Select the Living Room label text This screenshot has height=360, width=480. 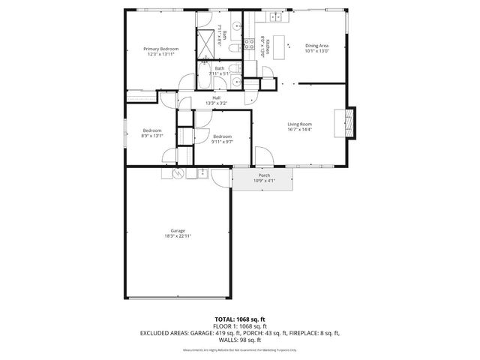[x=299, y=126]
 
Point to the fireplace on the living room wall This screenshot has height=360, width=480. [x=349, y=124]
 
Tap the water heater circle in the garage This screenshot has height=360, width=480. [x=178, y=173]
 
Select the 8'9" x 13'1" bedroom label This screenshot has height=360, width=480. [x=153, y=133]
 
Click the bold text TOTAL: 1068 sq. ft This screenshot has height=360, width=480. [x=239, y=319]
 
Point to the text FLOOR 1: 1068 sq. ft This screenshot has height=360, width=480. [x=239, y=325]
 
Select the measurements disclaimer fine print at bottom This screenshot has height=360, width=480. [x=239, y=350]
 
